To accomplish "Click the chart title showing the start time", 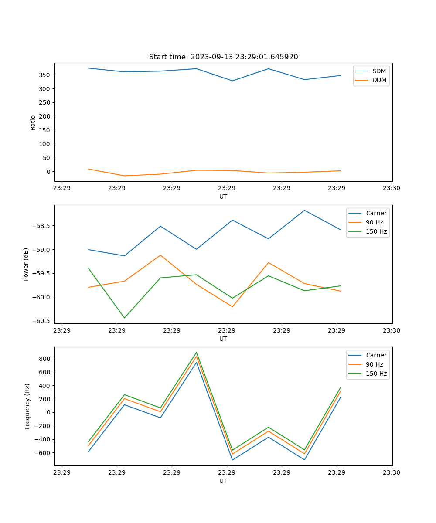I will (x=223, y=57).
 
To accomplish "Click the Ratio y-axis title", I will (x=33, y=122).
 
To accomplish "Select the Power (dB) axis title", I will (x=26, y=264).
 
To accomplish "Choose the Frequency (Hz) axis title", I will (x=27, y=406).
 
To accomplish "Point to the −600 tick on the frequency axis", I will (x=42, y=453).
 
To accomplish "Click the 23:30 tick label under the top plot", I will (x=392, y=188).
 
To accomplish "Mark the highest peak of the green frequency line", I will (x=196, y=352).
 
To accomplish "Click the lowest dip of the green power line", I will (x=124, y=318).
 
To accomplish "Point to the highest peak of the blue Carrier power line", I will (x=304, y=210).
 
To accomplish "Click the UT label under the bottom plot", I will (x=223, y=481).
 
